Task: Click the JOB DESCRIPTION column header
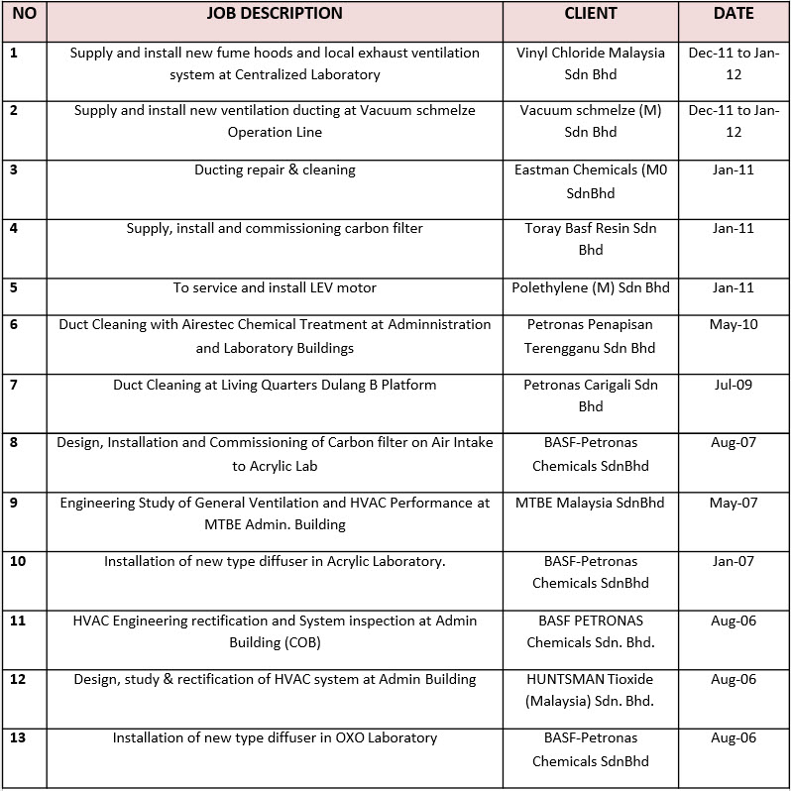point(275,14)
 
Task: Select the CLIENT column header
point(591,14)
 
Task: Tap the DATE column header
point(734,14)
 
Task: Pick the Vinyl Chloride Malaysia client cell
point(591,63)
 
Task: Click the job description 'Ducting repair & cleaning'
point(275,170)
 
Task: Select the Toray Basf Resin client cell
point(591,239)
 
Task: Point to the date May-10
point(734,324)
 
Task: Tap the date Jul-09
point(734,384)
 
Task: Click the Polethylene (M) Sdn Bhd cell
point(591,288)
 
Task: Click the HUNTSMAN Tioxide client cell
point(591,690)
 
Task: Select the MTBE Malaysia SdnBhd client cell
point(591,503)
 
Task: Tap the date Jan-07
point(734,561)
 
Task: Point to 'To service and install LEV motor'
point(275,288)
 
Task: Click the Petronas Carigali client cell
point(591,395)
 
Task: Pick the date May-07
point(734,503)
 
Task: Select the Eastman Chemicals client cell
point(591,180)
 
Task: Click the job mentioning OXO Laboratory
point(275,737)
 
